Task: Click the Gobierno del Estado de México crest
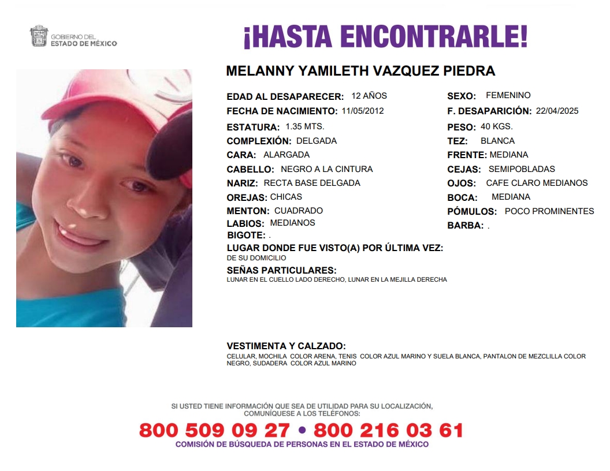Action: click(39, 36)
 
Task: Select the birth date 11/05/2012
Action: click(362, 111)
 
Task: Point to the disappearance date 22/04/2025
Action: click(557, 111)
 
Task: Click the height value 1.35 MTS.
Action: click(305, 126)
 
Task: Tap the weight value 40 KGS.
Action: click(497, 126)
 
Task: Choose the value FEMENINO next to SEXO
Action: click(508, 95)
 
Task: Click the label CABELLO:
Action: click(250, 170)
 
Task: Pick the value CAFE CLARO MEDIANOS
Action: click(537, 183)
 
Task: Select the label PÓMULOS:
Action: click(472, 212)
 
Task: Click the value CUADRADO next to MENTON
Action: click(299, 211)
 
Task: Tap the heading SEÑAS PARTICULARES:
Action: click(281, 270)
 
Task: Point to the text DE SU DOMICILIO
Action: click(256, 258)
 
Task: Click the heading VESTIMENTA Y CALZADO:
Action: click(286, 346)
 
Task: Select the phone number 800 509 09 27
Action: click(214, 430)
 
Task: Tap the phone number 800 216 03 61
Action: click(388, 430)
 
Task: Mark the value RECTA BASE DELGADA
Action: click(312, 183)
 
